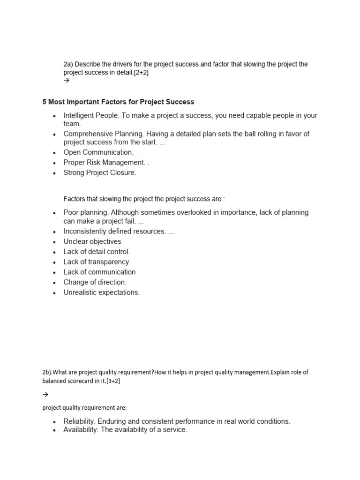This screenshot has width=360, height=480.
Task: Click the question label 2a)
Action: pyautogui.click(x=68, y=64)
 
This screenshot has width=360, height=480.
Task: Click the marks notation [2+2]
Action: pyautogui.click(x=141, y=73)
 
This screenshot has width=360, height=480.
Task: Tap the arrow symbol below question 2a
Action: pyautogui.click(x=66, y=81)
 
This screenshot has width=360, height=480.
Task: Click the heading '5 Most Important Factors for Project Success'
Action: pyautogui.click(x=118, y=102)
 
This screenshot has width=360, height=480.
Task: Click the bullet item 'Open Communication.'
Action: pyautogui.click(x=98, y=152)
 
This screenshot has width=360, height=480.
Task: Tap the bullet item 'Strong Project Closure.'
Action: pyautogui.click(x=100, y=172)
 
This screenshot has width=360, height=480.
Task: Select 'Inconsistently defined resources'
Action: pyautogui.click(x=114, y=232)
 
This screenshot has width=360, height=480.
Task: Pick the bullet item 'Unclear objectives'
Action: pyautogui.click(x=92, y=241)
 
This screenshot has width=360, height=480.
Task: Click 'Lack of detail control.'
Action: pyautogui.click(x=97, y=252)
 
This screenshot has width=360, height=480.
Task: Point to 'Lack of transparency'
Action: pyautogui.click(x=96, y=262)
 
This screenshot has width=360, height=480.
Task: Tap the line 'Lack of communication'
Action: pyautogui.click(x=99, y=272)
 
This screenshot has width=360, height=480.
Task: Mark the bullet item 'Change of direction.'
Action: pyautogui.click(x=95, y=282)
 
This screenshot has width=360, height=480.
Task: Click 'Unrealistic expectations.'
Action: pyautogui.click(x=102, y=292)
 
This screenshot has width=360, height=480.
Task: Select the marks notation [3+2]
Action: pyautogui.click(x=113, y=381)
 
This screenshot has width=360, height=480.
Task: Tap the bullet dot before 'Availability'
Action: pyautogui.click(x=55, y=430)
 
